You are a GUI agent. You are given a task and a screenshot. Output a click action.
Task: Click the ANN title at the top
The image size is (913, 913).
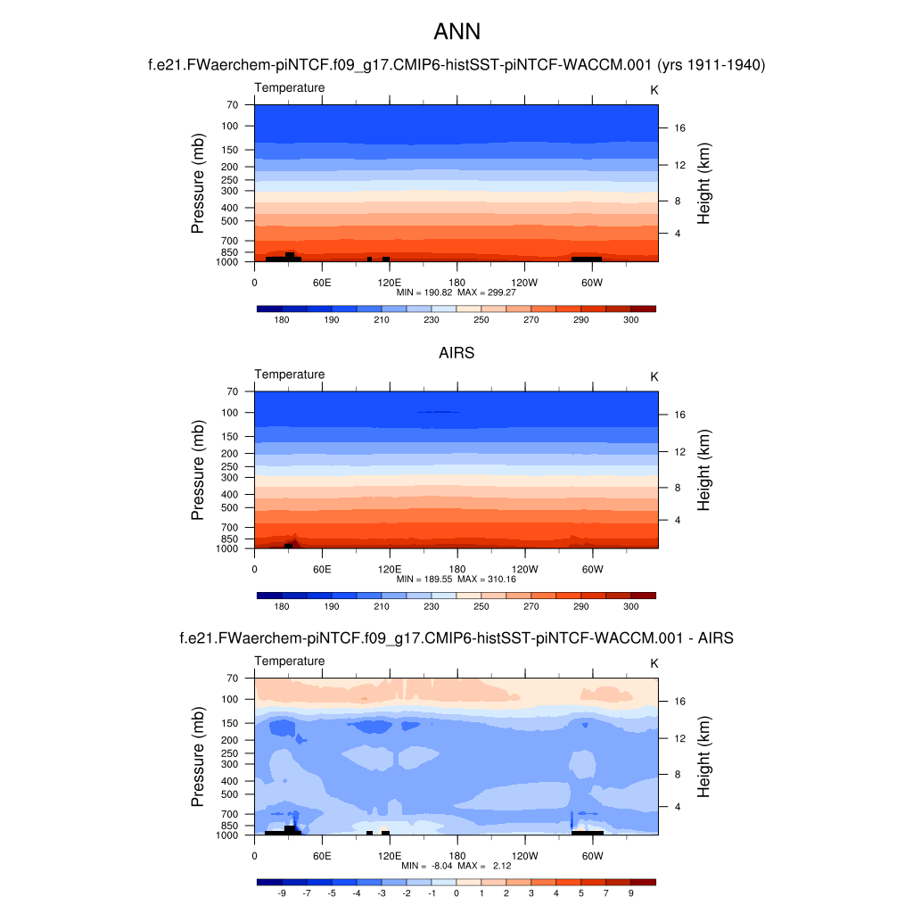(x=456, y=32)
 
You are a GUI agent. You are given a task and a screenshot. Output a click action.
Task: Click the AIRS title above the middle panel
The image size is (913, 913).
(x=456, y=353)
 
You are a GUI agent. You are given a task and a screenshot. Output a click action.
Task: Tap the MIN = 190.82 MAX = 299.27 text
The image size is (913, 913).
(x=456, y=292)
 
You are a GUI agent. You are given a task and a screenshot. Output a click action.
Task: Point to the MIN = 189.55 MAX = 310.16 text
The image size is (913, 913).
(x=456, y=579)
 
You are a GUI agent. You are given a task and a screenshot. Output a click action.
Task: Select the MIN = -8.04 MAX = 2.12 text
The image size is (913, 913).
(x=456, y=866)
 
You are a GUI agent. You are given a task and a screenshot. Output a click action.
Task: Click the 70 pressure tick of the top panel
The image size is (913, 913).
(x=232, y=104)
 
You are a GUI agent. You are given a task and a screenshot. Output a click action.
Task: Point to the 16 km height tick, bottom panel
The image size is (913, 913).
(x=679, y=701)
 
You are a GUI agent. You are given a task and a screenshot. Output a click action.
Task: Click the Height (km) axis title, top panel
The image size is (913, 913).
(x=704, y=183)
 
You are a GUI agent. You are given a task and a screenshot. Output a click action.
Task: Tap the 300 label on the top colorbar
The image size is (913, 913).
(x=631, y=320)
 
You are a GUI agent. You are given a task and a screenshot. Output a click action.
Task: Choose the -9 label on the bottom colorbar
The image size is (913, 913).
(x=282, y=892)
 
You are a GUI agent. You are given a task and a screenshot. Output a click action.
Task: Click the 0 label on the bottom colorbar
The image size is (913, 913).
(x=456, y=892)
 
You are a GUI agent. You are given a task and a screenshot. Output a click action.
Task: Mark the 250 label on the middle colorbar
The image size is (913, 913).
(x=481, y=607)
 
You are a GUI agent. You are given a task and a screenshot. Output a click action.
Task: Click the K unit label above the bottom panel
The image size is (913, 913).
(x=654, y=663)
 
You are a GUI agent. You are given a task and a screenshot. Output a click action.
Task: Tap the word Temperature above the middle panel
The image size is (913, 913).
(x=290, y=374)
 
